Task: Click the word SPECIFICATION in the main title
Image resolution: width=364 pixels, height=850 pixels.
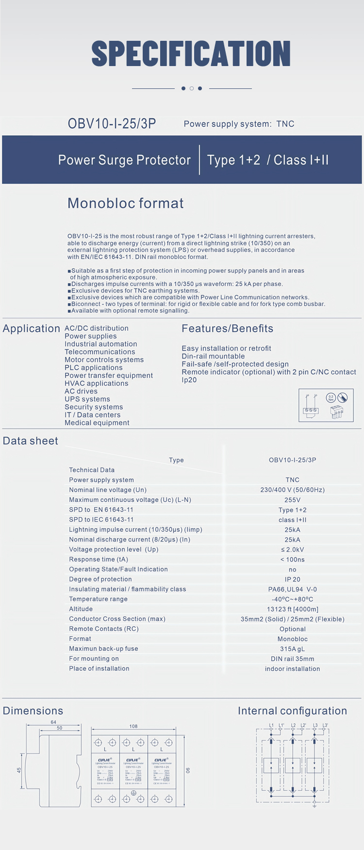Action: [191, 53]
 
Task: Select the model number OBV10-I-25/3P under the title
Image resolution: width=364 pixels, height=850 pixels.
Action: [112, 124]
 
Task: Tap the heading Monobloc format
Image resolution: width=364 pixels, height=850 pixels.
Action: [125, 203]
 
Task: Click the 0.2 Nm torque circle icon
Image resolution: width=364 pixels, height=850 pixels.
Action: [331, 397]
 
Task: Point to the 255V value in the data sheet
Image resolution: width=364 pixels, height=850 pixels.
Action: [292, 500]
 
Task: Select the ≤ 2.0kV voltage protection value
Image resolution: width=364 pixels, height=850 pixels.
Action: [292, 549]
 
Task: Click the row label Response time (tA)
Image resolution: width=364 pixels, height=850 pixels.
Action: [99, 560]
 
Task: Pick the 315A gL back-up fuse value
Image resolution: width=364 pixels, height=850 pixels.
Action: [292, 649]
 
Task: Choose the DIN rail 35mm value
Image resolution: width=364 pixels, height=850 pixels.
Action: [292, 659]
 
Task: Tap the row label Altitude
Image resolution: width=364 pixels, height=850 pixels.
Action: [81, 609]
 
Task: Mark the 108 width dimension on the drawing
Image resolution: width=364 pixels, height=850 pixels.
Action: [133, 726]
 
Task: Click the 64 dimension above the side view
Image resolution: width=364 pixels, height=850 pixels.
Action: [53, 722]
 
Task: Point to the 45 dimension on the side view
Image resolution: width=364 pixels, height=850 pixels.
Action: [19, 770]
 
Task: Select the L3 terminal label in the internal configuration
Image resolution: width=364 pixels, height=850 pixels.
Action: [315, 725]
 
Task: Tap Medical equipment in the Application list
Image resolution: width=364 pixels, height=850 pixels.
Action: [97, 423]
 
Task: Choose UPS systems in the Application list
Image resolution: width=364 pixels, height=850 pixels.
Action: [87, 399]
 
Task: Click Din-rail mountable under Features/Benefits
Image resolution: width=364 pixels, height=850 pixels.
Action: [213, 357]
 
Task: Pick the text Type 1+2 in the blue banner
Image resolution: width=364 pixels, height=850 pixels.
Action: [233, 160]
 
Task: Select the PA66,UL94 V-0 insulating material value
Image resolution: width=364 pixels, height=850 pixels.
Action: [292, 589]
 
